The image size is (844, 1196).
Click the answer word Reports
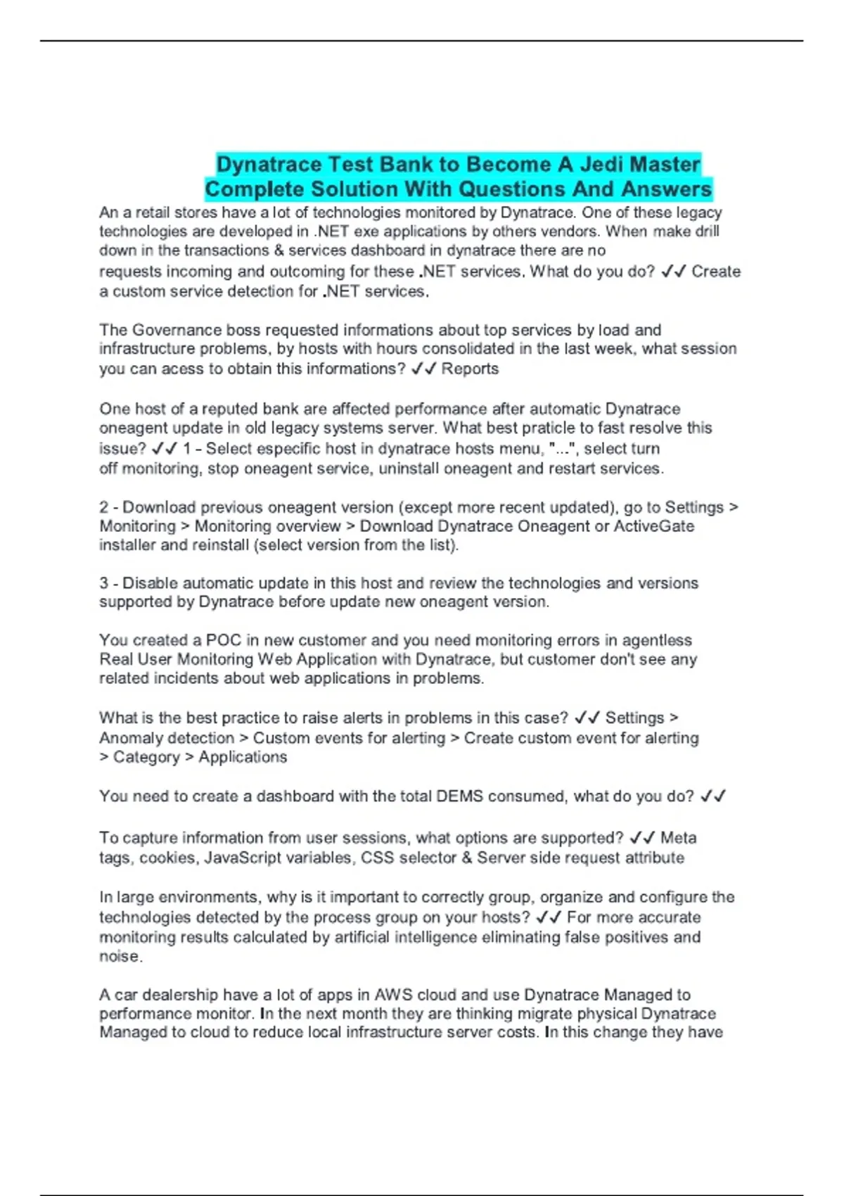pyautogui.click(x=470, y=369)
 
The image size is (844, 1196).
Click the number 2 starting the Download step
pyautogui.click(x=104, y=507)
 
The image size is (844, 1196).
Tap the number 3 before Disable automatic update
pyautogui.click(x=104, y=583)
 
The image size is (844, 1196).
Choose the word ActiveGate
pyautogui.click(x=653, y=526)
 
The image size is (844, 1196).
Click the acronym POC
pyautogui.click(x=223, y=640)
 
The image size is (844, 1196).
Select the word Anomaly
pyautogui.click(x=131, y=738)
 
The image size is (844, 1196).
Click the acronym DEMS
pyautogui.click(x=459, y=796)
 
